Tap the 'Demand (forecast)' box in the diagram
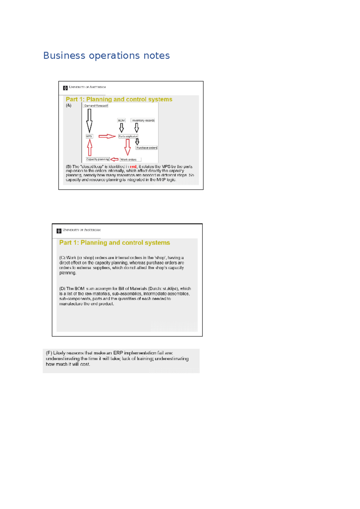click(x=96, y=106)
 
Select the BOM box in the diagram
click(x=121, y=120)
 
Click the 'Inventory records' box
click(x=143, y=120)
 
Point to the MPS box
click(x=89, y=136)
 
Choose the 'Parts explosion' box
click(x=128, y=136)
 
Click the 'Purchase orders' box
click(x=146, y=148)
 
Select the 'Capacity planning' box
click(x=97, y=159)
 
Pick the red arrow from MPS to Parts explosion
click(x=107, y=136)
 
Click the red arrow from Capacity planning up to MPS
click(x=89, y=148)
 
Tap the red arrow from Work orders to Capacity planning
click(x=114, y=159)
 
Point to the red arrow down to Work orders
click(x=127, y=147)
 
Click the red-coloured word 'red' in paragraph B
click(x=133, y=166)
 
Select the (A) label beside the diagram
click(x=69, y=106)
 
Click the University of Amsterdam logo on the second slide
click(x=59, y=231)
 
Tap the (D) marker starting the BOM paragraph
click(x=62, y=289)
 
